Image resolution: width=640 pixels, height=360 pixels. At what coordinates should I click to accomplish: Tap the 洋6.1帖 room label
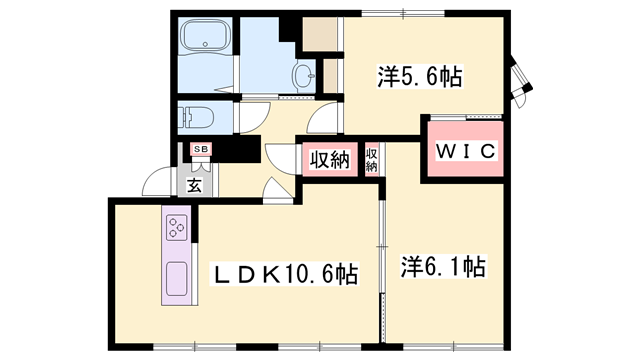(444, 267)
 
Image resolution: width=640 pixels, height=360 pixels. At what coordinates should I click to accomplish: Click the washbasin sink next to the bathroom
(305, 74)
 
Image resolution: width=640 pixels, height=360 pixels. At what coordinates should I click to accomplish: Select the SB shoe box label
(200, 150)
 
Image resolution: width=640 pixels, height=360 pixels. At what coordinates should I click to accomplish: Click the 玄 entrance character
(194, 183)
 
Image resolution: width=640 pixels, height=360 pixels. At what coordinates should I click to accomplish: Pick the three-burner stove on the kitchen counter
(177, 228)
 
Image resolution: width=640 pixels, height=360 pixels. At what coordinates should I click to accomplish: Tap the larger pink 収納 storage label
(329, 159)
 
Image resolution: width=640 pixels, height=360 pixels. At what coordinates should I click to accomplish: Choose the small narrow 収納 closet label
(371, 159)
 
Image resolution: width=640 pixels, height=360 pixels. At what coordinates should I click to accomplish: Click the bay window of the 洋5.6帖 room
(520, 78)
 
